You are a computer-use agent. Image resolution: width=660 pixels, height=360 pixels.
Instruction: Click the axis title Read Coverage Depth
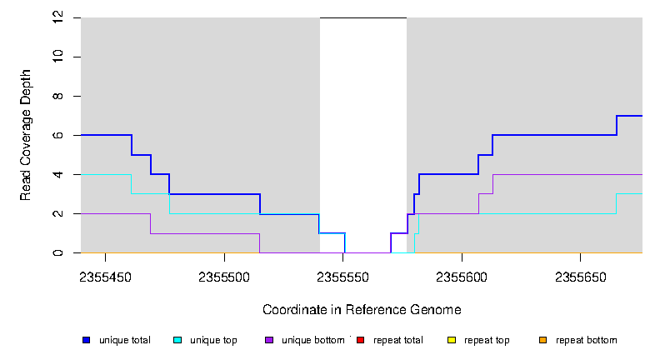click(x=26, y=135)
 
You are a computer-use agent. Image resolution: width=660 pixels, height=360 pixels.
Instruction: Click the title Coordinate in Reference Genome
click(x=362, y=309)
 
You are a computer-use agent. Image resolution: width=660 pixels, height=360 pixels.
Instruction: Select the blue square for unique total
click(x=86, y=340)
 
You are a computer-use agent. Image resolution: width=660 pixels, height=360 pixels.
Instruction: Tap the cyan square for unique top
click(x=177, y=340)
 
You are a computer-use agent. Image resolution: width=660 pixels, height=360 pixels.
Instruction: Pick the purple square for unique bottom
click(x=268, y=340)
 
